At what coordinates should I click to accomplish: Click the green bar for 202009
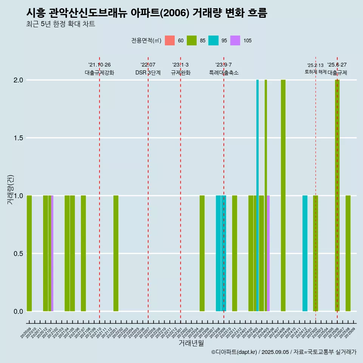29,253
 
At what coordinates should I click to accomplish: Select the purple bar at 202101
52,253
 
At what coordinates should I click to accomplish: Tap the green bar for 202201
116,253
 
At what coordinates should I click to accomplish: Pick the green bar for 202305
202,253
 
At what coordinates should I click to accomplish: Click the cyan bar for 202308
218,253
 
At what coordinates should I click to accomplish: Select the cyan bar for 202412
305,253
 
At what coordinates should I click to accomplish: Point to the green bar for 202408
283,195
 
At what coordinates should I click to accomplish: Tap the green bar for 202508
348,253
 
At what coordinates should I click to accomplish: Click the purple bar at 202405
268,253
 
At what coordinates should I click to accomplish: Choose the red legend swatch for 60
170,40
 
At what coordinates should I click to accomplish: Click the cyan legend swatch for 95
214,40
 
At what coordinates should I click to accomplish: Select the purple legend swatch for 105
235,40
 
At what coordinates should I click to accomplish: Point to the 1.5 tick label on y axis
18,138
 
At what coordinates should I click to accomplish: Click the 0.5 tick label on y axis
18,254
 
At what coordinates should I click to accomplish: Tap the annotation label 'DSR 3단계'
148,73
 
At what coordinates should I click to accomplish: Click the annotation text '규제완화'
180,73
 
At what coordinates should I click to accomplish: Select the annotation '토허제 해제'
315,72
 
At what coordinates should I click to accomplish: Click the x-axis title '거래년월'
191,343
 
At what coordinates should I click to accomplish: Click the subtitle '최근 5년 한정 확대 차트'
60,24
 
